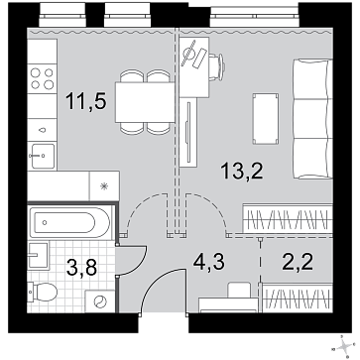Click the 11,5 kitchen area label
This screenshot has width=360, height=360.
86,101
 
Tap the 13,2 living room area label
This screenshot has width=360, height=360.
243,172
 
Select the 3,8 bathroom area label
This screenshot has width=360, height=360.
81,267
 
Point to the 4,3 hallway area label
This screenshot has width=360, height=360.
208,262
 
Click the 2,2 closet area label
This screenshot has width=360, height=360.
297,262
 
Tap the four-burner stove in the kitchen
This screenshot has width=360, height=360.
43,79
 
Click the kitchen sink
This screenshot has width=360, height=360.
43,156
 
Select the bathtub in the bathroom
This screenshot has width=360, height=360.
69,222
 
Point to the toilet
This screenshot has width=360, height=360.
43,292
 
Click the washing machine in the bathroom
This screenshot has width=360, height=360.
100,301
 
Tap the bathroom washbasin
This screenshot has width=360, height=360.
39,255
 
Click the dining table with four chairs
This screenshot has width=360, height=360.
145,102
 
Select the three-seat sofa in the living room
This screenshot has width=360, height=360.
312,119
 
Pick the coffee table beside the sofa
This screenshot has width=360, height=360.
266,119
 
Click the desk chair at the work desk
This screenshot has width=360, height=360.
217,67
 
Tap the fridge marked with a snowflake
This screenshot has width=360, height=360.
104,186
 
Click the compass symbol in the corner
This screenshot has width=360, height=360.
345,346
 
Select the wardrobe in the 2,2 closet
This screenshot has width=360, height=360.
297,298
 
